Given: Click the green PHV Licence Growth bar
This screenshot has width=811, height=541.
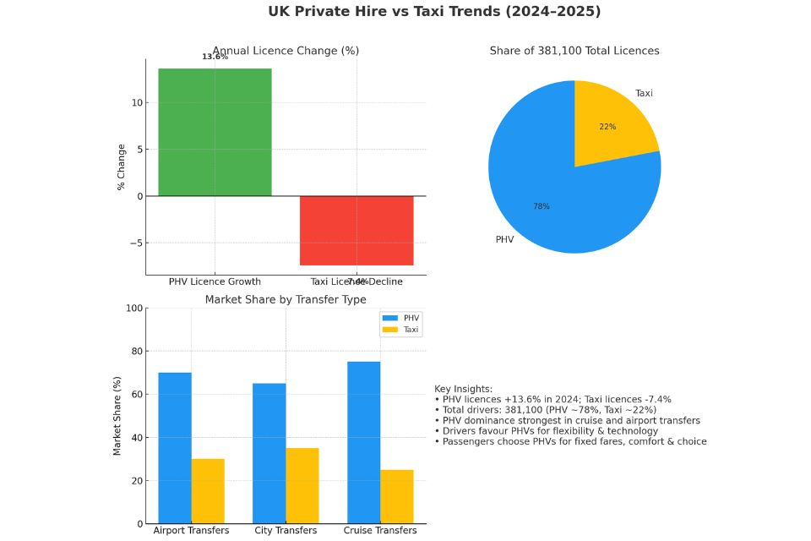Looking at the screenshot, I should click(215, 132).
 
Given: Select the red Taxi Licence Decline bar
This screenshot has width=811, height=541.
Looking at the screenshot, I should click(357, 230).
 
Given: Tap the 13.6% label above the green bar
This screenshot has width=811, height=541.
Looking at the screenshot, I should click(215, 57).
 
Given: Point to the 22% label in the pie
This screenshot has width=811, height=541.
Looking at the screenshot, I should click(607, 127).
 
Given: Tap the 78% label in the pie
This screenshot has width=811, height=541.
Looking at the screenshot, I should click(541, 206).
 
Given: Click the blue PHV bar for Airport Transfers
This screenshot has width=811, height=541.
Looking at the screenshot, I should click(175, 448).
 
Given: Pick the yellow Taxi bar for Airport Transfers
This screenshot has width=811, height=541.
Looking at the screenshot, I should click(208, 491).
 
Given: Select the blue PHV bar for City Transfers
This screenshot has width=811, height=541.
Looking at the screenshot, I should click(269, 453).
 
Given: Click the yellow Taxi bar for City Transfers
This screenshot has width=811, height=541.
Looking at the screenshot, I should click(302, 485).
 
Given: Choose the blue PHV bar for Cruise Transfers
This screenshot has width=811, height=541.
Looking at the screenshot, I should click(363, 442).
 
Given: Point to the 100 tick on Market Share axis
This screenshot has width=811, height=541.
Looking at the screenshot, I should click(133, 308).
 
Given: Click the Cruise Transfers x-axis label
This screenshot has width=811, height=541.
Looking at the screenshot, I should click(379, 531).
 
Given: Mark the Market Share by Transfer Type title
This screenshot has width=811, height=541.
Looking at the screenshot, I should click(286, 299).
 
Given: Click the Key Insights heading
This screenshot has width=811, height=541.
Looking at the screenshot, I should click(463, 389).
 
